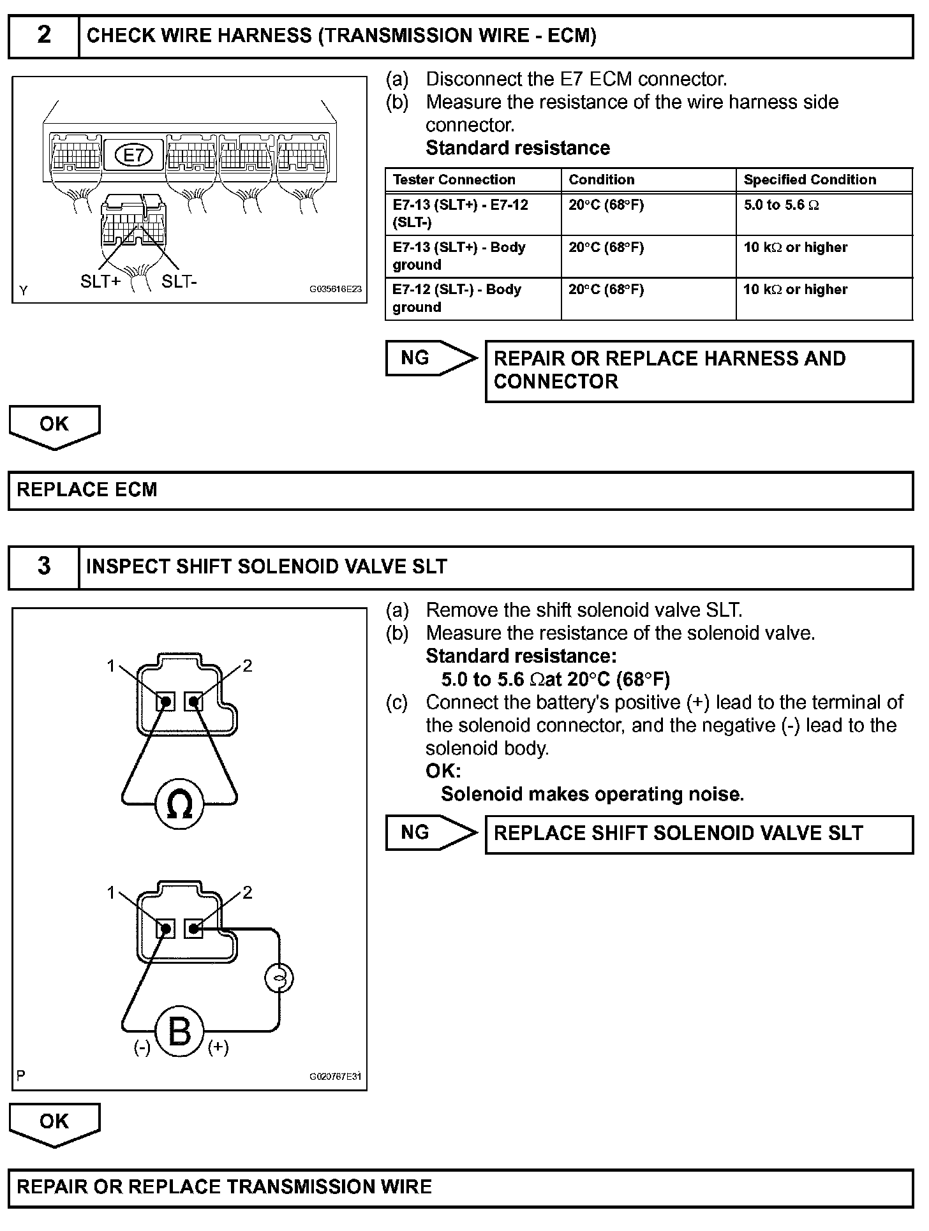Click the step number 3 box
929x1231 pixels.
[x=43, y=566]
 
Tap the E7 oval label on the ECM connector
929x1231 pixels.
[x=133, y=155]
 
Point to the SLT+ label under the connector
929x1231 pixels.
[x=100, y=281]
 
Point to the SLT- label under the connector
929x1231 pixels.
[x=179, y=281]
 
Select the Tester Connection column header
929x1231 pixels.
[x=454, y=180]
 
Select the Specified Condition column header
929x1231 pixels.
[x=810, y=180]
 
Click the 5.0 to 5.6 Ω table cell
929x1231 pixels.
[x=781, y=205]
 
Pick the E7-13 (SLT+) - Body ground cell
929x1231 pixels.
[x=459, y=256]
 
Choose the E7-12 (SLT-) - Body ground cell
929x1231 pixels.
[x=457, y=298]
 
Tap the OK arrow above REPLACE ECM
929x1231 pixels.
[x=54, y=425]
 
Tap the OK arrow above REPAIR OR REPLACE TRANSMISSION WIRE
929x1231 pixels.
[x=54, y=1123]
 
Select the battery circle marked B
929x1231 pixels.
[x=179, y=1032]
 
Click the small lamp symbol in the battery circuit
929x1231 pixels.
[x=279, y=978]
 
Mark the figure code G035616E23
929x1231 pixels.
[x=336, y=289]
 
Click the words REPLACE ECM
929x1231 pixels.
[x=87, y=490]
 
